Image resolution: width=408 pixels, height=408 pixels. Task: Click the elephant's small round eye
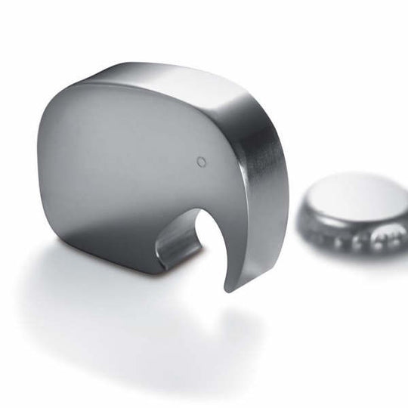point(201,161)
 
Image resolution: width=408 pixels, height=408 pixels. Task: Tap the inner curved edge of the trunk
point(216,234)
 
